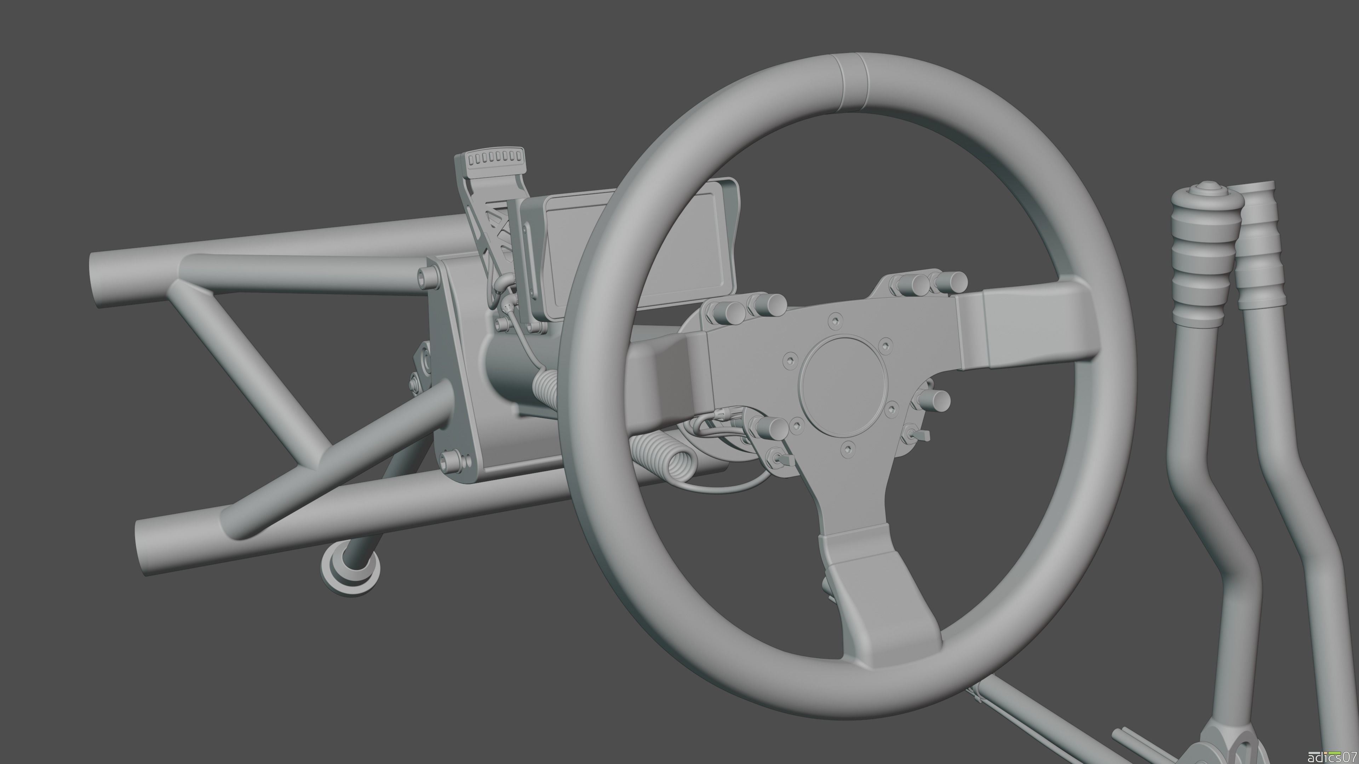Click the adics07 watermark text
1337,756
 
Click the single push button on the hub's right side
936,401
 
